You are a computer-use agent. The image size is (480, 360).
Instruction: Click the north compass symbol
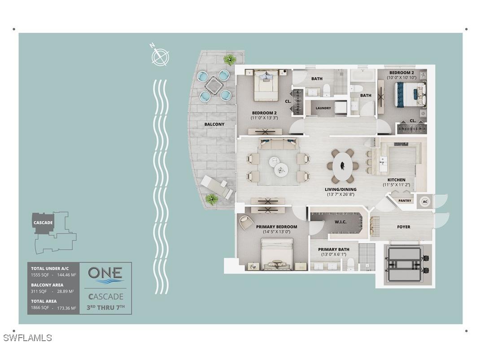[x=160, y=57]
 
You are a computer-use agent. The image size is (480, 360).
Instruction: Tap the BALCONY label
[x=214, y=124]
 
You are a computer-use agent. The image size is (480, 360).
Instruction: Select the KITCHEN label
[x=397, y=180]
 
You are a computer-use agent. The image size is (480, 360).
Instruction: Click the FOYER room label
[x=403, y=227]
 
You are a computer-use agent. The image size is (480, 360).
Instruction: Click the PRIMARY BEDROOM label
[x=276, y=227]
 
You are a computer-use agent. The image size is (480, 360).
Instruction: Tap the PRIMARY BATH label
[x=334, y=249]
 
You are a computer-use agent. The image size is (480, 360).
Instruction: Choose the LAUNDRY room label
[x=323, y=108]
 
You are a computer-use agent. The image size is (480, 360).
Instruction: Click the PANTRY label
[x=405, y=201]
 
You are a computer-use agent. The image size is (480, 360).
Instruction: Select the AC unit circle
[x=425, y=202]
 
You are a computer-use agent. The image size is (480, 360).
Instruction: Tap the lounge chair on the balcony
[x=216, y=187]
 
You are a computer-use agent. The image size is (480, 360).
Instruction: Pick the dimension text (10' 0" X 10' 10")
[x=401, y=78]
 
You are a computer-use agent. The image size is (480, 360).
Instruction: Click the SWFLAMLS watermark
[x=27, y=338]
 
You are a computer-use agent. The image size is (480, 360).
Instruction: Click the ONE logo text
[x=105, y=272]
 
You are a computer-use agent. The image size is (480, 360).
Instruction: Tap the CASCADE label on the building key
[x=43, y=223]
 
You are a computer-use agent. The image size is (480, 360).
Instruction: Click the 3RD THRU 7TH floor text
[x=106, y=307]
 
